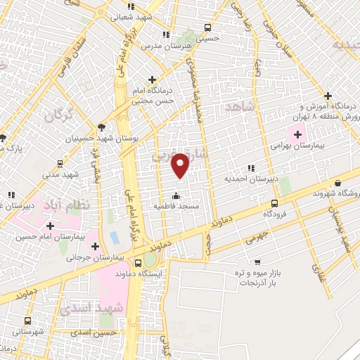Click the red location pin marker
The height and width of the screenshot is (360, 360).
pyautogui.click(x=181, y=165)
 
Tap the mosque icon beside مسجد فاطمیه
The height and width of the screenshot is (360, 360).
pyautogui.click(x=176, y=195)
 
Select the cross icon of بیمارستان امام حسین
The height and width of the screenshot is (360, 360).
pyautogui.click(x=50, y=226)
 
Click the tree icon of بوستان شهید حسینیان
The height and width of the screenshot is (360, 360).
pyautogui.click(x=102, y=127)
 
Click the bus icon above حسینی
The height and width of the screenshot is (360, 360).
pyautogui.click(x=207, y=27)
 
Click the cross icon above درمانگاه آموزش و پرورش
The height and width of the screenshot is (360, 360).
pyautogui.click(x=328, y=96)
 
